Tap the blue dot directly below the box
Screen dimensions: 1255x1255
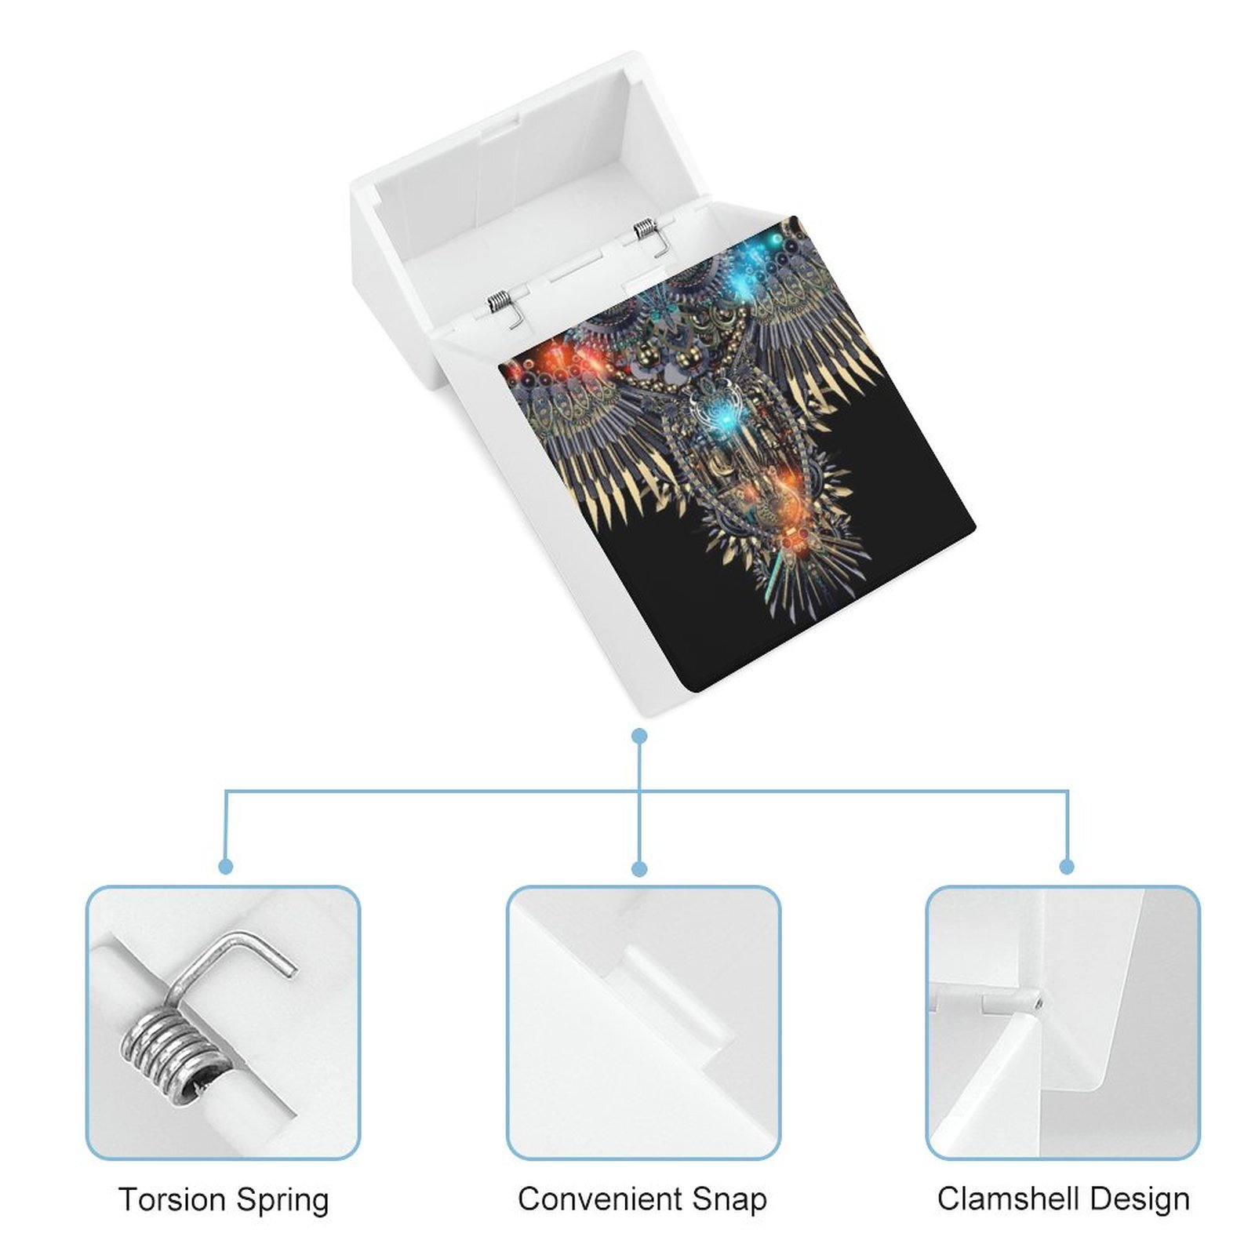coord(639,736)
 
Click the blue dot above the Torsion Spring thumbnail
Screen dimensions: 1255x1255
coord(226,866)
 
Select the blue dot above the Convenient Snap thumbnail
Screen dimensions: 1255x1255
coord(639,868)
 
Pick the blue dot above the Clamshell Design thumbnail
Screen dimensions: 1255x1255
coord(1067,866)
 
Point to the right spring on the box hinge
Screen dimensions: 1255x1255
coord(650,235)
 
